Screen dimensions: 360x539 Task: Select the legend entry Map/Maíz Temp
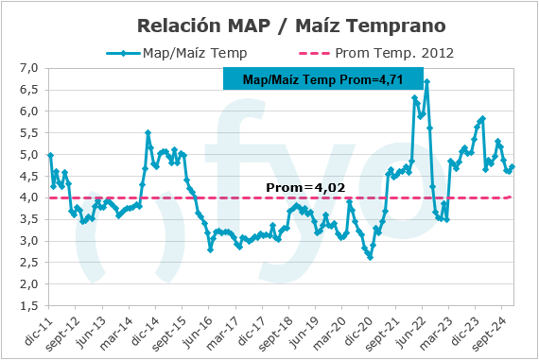(194, 52)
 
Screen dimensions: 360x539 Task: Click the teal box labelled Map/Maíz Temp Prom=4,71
(321, 79)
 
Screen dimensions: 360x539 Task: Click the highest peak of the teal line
(427, 82)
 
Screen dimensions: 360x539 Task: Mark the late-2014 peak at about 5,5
(148, 133)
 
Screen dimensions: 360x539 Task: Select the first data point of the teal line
(50, 155)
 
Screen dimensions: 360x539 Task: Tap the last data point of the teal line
(512, 167)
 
